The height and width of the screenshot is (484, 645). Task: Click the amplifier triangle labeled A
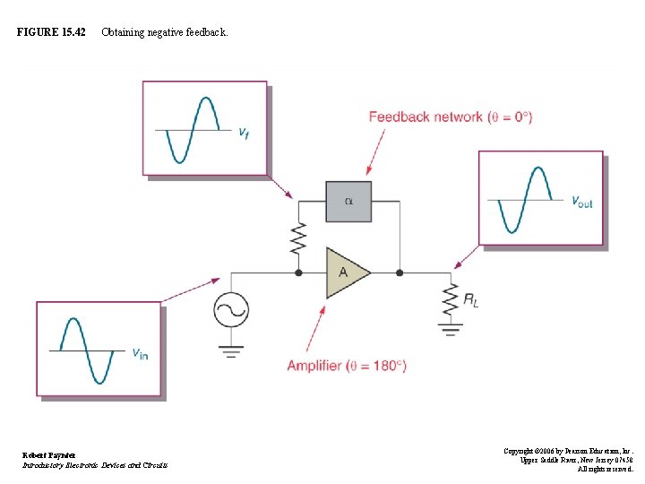click(x=346, y=272)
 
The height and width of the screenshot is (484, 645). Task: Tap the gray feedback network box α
click(x=348, y=202)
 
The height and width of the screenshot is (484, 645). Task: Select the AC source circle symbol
click(x=231, y=311)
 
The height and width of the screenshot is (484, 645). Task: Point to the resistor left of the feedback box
click(x=298, y=238)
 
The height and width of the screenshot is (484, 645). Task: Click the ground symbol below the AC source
click(x=231, y=350)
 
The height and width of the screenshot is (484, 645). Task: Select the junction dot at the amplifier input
click(x=298, y=272)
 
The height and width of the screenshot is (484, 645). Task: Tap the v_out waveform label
click(x=582, y=203)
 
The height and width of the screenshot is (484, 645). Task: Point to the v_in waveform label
click(x=141, y=353)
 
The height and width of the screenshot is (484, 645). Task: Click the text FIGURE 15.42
click(x=51, y=32)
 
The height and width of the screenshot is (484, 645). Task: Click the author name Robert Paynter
click(x=49, y=454)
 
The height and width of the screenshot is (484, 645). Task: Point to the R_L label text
click(x=470, y=299)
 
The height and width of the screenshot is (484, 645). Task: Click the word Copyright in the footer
click(x=522, y=451)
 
